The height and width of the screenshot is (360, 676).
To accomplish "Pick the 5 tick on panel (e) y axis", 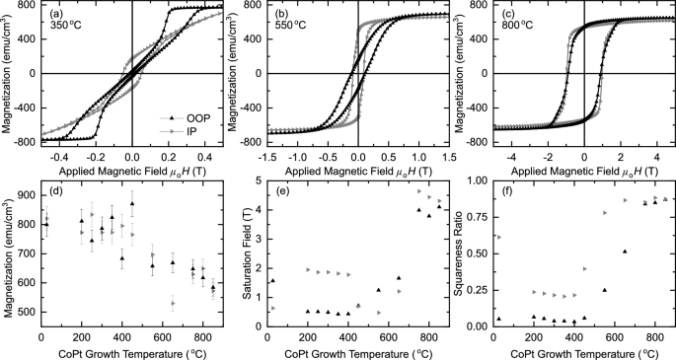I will tap(257, 180).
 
